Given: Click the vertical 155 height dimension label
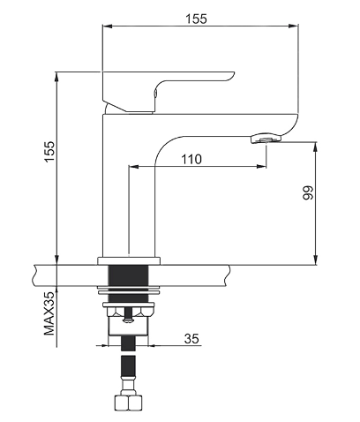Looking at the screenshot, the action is (x=49, y=151).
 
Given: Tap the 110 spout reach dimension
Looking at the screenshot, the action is (x=191, y=159).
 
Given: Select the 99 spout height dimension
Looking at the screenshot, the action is (x=308, y=192).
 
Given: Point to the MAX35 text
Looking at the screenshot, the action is (x=49, y=313).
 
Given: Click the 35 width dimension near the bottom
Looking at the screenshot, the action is (x=191, y=339).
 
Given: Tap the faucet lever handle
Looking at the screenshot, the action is (x=169, y=91).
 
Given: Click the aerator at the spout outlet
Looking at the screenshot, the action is (x=266, y=138).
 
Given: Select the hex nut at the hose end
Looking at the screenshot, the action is (x=128, y=403).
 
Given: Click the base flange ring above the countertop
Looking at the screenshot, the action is (x=130, y=260).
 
